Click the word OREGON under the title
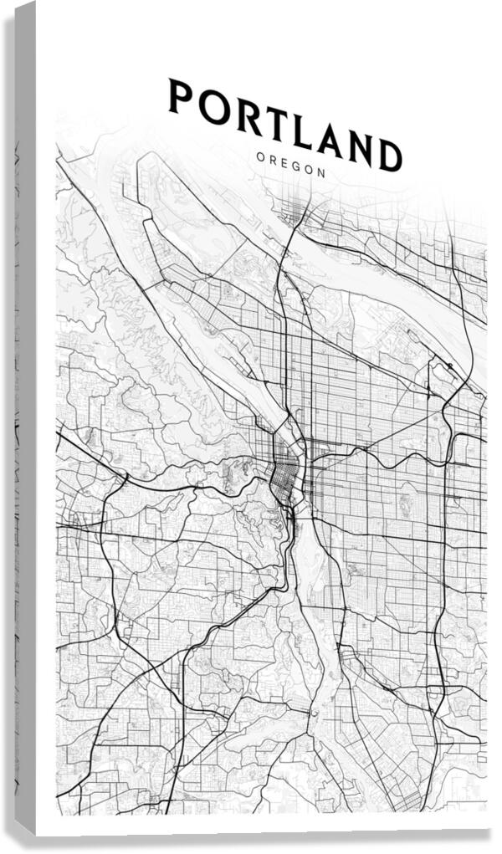(x=291, y=164)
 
